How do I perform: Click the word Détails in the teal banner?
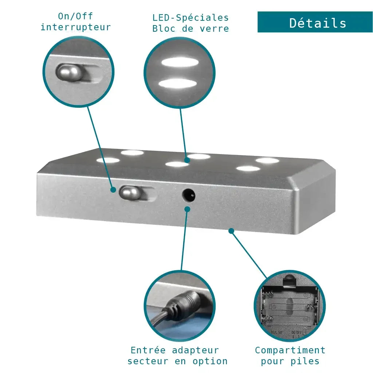pyautogui.click(x=318, y=23)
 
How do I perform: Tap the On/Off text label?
pyautogui.click(x=75, y=16)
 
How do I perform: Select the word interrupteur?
pyautogui.click(x=75, y=27)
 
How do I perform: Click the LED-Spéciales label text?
pyautogui.click(x=191, y=17)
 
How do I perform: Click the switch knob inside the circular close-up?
pyautogui.click(x=68, y=72)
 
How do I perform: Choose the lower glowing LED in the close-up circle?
pyautogui.click(x=178, y=83)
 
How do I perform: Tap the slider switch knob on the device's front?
pyautogui.click(x=130, y=192)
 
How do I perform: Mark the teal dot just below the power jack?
pyautogui.click(x=187, y=209)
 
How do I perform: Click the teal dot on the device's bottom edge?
pyautogui.click(x=231, y=231)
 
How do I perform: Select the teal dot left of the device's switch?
pyautogui.click(x=113, y=190)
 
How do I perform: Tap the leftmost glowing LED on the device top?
pyautogui.click(x=108, y=160)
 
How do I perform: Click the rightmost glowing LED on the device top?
pyautogui.click(x=267, y=160)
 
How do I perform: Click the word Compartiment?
pyautogui.click(x=290, y=350)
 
